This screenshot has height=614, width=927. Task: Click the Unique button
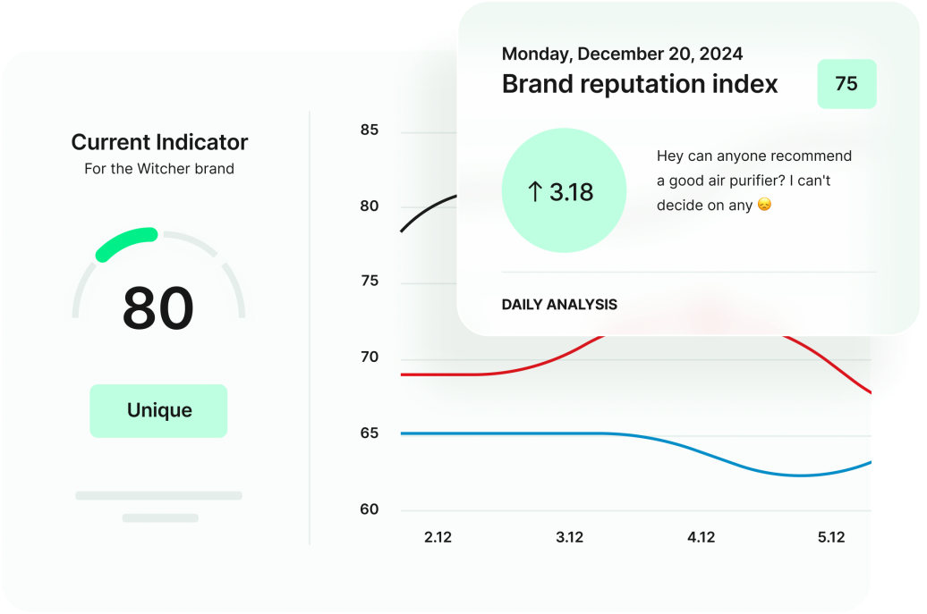(x=158, y=411)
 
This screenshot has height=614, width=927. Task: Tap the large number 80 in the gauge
(x=158, y=308)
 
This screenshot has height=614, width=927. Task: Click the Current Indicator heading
(x=159, y=142)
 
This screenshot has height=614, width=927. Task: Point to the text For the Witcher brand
(x=159, y=169)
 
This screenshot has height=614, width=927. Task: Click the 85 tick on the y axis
(x=369, y=130)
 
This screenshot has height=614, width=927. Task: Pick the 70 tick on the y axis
(x=369, y=357)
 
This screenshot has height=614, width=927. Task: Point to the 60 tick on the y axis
(x=369, y=509)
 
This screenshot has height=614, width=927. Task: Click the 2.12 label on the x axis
(x=438, y=537)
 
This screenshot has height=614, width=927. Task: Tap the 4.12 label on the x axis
(x=701, y=537)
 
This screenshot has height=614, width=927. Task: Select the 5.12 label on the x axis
(x=830, y=537)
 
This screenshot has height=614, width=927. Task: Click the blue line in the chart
(x=537, y=433)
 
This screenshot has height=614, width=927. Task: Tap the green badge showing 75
(x=846, y=84)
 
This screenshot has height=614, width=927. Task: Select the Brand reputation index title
(x=640, y=84)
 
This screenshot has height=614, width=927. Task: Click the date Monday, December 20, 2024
(x=622, y=54)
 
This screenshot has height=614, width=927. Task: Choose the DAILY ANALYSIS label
(x=559, y=305)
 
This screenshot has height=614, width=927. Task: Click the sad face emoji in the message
(x=764, y=206)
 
